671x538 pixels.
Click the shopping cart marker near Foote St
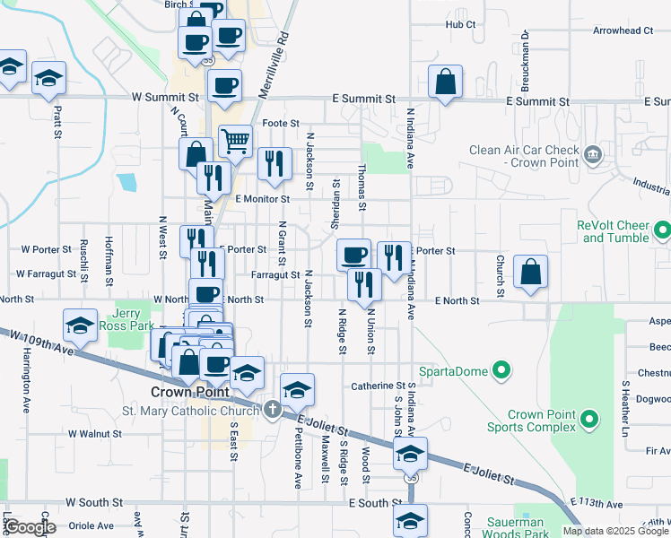click(x=235, y=141)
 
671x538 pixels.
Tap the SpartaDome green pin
click(x=502, y=370)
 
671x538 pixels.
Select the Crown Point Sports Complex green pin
click(x=588, y=419)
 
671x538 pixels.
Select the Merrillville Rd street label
click(x=284, y=53)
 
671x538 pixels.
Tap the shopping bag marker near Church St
click(x=531, y=273)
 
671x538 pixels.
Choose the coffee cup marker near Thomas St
click(x=354, y=256)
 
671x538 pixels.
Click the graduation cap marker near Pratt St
click(x=48, y=78)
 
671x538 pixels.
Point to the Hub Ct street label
click(x=459, y=24)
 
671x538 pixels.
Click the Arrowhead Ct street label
click(x=623, y=30)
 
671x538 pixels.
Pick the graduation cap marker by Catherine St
click(x=297, y=390)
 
